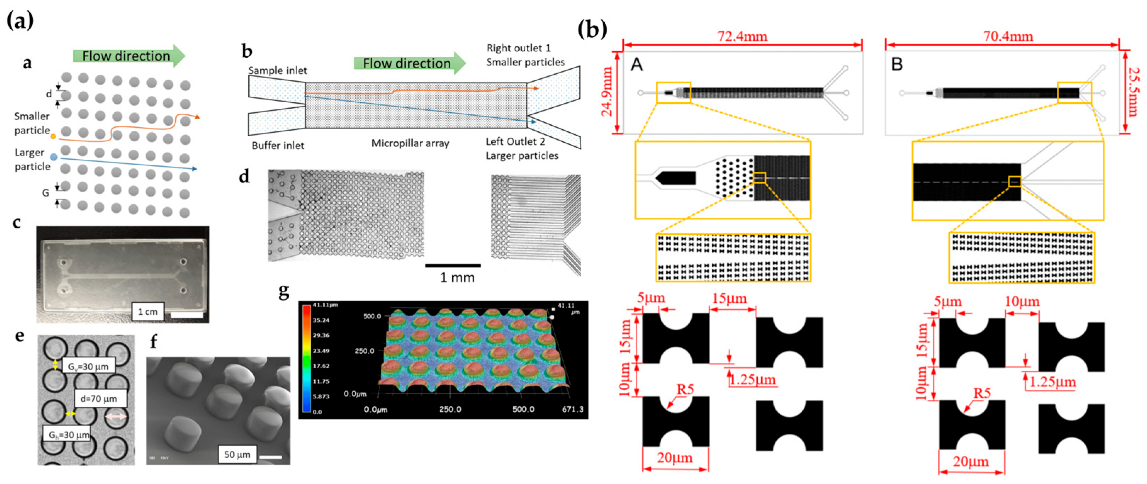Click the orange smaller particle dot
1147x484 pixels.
click(x=53, y=137)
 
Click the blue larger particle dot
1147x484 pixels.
click(x=54, y=157)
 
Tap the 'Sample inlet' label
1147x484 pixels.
click(x=277, y=70)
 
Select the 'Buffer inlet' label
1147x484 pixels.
click(x=278, y=146)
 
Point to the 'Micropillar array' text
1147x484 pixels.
click(x=410, y=143)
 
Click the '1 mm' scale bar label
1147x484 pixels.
click(x=457, y=278)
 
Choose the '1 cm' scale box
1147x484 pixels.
click(x=148, y=312)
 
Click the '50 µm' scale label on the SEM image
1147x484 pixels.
click(x=237, y=454)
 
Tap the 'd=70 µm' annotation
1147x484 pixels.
click(x=99, y=399)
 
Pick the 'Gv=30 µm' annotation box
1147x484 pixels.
click(x=88, y=366)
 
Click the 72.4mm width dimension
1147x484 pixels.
click(x=742, y=36)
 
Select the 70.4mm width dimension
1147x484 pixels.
click(x=1008, y=36)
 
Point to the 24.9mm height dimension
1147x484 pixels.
click(x=608, y=92)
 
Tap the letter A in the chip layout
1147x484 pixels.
click(x=637, y=65)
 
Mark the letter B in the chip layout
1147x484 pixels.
click(x=897, y=65)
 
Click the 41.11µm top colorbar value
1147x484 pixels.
click(x=325, y=305)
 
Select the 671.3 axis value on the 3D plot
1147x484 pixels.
click(x=572, y=409)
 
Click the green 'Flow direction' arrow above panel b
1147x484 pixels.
click(x=409, y=63)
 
